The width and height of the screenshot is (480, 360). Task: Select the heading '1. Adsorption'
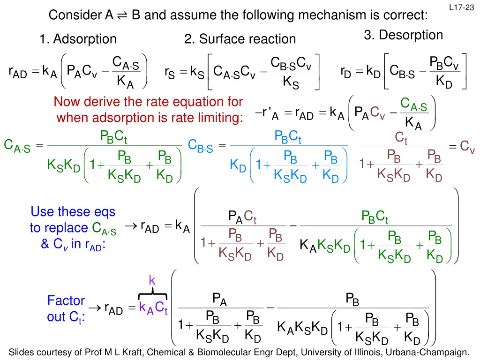pyautogui.click(x=78, y=39)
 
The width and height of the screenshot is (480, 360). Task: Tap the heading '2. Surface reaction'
pyautogui.click(x=240, y=39)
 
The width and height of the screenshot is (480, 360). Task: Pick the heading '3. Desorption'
pyautogui.click(x=403, y=35)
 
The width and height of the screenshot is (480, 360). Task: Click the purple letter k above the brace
pyautogui.click(x=152, y=280)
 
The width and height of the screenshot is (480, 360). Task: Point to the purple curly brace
pyautogui.click(x=153, y=293)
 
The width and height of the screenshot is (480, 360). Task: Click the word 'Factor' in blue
pyautogui.click(x=66, y=300)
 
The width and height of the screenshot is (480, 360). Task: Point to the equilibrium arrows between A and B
pyautogui.click(x=122, y=16)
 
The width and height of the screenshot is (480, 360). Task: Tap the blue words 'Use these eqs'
pyautogui.click(x=73, y=212)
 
